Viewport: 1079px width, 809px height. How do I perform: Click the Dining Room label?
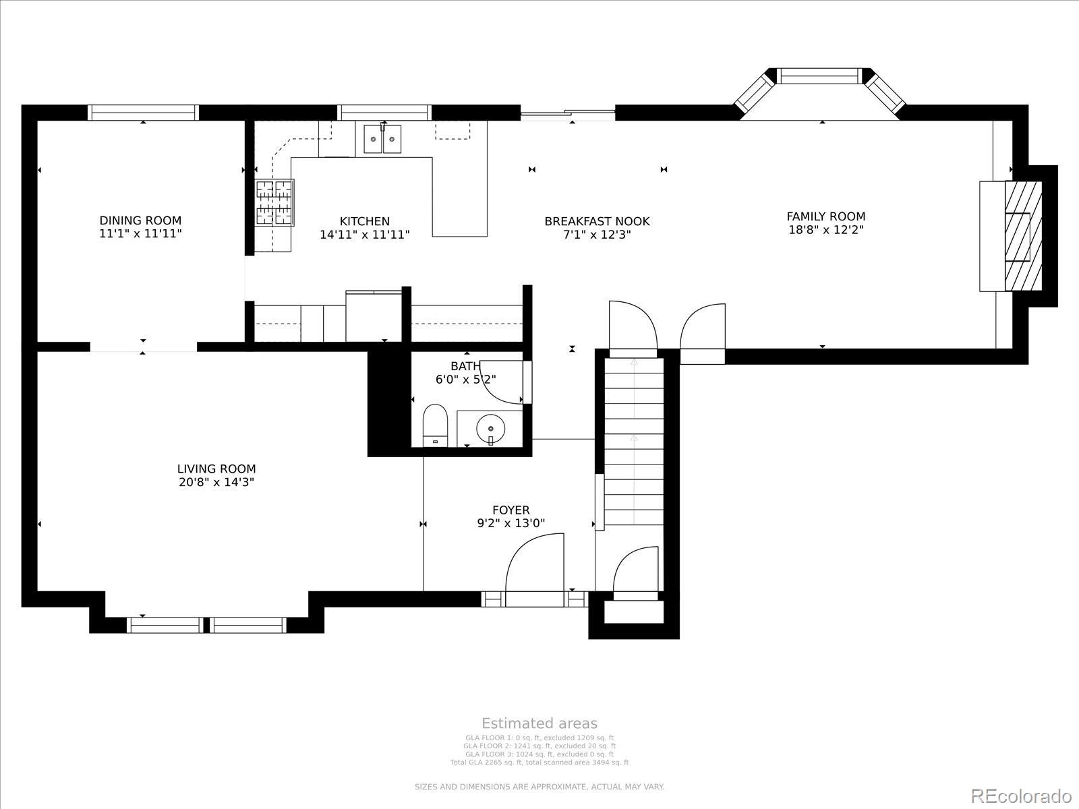tap(140, 220)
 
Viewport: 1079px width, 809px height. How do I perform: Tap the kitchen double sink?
tap(382, 139)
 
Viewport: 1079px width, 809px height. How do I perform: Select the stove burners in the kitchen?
tap(274, 202)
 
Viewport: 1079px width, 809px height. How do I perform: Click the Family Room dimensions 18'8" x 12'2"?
tap(825, 229)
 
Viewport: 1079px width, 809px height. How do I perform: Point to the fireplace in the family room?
tap(1022, 236)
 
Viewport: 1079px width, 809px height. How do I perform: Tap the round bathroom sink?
tap(490, 427)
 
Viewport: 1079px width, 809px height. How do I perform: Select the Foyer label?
tap(511, 510)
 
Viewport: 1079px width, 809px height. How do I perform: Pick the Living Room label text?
tap(216, 469)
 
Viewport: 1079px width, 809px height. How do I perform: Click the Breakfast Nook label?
tap(597, 221)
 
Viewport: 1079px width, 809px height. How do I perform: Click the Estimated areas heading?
tap(539, 723)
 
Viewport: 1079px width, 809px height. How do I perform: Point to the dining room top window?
tap(143, 113)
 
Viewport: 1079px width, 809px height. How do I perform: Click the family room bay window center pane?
tap(821, 76)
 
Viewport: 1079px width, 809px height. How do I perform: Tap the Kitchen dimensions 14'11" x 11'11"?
tap(364, 235)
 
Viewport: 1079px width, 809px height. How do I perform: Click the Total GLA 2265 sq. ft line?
tap(539, 762)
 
